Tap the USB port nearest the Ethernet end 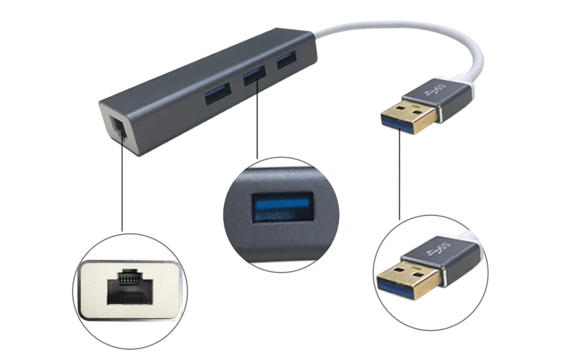(x=218, y=94)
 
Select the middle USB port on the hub (x=254, y=74)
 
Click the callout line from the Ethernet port (x=122, y=186)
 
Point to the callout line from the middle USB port (x=257, y=120)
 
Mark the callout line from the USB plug (x=399, y=174)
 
